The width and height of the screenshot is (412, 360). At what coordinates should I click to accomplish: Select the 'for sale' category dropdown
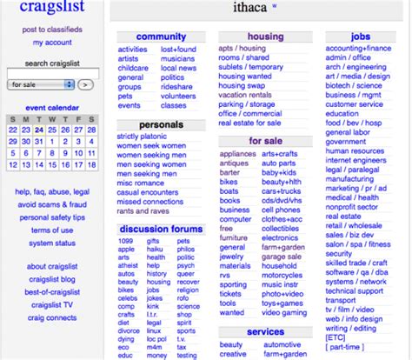(40, 85)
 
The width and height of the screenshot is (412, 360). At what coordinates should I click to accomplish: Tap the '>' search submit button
(85, 85)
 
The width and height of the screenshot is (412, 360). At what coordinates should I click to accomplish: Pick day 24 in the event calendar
(39, 130)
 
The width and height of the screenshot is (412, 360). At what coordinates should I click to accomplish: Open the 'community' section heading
(161, 37)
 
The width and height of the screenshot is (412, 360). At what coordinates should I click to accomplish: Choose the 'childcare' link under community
(133, 68)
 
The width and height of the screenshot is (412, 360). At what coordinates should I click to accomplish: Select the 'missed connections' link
(156, 202)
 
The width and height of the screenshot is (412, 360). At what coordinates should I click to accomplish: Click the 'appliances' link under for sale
(237, 153)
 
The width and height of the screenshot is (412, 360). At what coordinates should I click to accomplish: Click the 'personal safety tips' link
(52, 217)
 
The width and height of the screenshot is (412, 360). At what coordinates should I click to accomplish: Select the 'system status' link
(52, 243)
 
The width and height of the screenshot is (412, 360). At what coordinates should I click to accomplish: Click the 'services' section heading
(265, 332)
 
